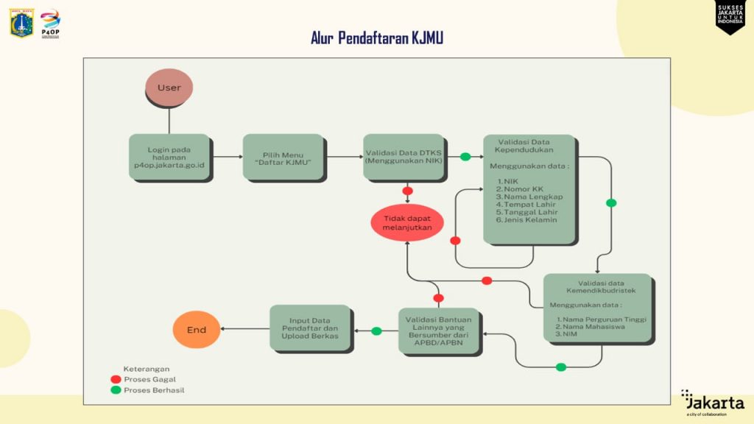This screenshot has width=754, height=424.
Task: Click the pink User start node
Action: click(x=169, y=88)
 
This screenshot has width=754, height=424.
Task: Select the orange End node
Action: click(x=197, y=330)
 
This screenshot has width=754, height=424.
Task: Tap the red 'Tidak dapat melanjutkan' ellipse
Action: click(x=407, y=223)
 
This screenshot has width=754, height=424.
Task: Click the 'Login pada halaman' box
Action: click(x=169, y=158)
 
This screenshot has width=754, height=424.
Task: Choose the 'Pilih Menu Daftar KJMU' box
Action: click(x=283, y=157)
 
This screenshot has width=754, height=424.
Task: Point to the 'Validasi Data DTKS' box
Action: click(x=404, y=157)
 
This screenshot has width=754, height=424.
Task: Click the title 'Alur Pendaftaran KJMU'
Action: click(x=377, y=38)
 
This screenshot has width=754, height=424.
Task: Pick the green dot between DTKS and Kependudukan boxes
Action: click(x=465, y=157)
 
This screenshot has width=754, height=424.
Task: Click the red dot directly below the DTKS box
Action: click(x=407, y=191)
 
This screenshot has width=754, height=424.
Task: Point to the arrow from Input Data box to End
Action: click(x=244, y=330)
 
